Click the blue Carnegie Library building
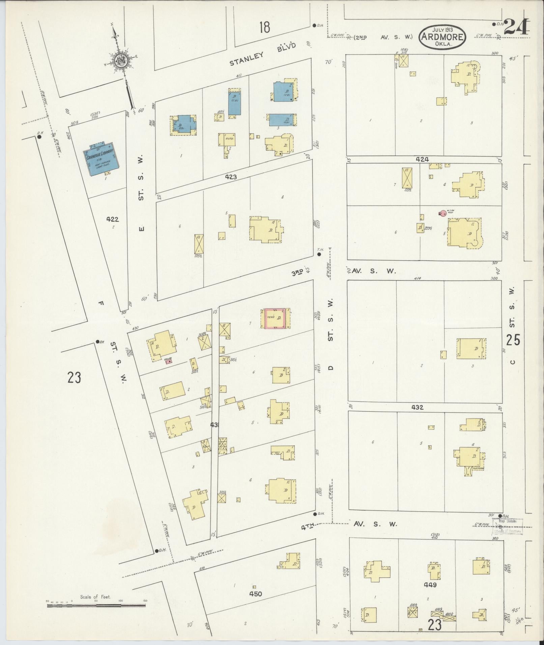click(101, 159)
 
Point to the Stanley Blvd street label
click(263, 54)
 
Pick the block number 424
click(422, 159)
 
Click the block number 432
click(417, 407)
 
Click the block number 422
click(112, 219)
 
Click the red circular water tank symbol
click(443, 213)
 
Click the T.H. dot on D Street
click(319, 255)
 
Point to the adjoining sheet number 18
click(265, 27)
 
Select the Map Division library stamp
click(508, 535)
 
